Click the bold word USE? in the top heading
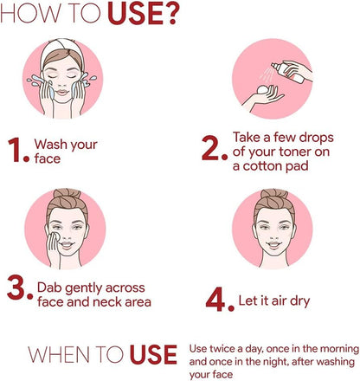[x=142, y=14]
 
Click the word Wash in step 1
[x=51, y=144]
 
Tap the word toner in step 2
[x=294, y=152]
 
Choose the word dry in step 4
[x=299, y=301]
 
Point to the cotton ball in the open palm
[x=263, y=89]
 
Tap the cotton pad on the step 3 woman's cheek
[x=55, y=236]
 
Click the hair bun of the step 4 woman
[x=273, y=194]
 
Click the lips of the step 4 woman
[x=273, y=245]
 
